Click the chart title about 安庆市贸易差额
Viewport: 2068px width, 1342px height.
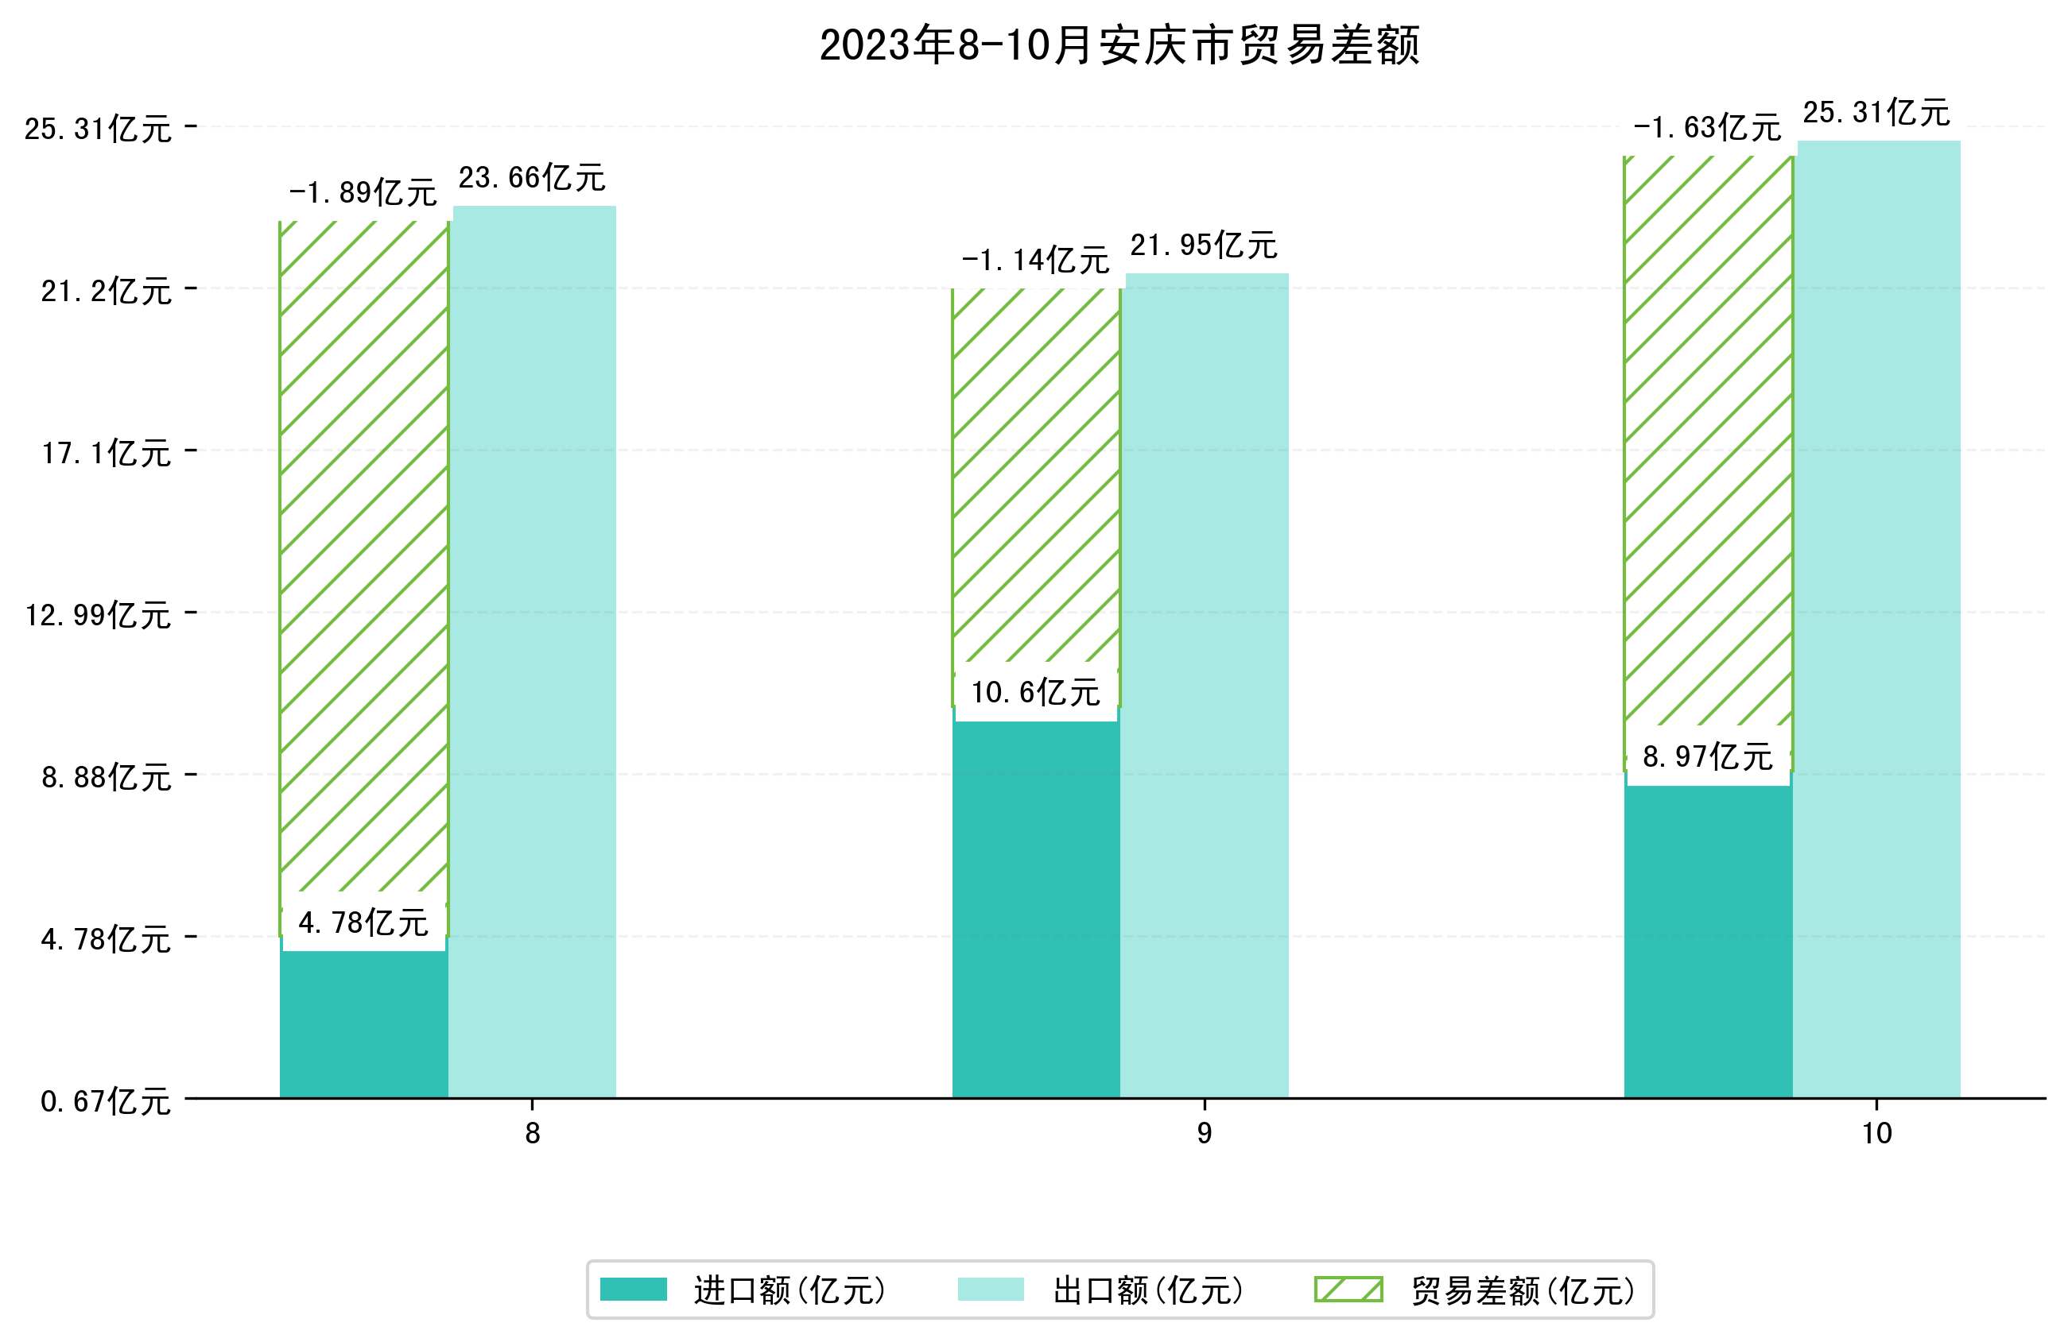coord(1119,45)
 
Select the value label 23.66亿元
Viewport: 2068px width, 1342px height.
coord(532,178)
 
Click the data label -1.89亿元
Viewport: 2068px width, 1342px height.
coord(363,193)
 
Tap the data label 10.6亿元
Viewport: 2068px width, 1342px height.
coord(1035,692)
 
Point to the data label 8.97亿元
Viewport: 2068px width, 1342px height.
coord(1707,757)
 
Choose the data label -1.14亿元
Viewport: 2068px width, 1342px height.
coord(1035,260)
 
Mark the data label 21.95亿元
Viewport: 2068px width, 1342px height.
coord(1204,246)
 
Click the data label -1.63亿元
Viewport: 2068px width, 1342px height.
coord(1706,128)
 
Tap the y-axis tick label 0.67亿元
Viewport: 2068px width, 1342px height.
coord(105,1101)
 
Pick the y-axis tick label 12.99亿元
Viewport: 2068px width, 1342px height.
coord(97,615)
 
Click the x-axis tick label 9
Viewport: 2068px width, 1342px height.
coord(1204,1134)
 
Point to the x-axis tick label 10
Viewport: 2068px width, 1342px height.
coord(1877,1134)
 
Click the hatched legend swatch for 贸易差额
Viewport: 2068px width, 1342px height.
coord(1348,1290)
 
